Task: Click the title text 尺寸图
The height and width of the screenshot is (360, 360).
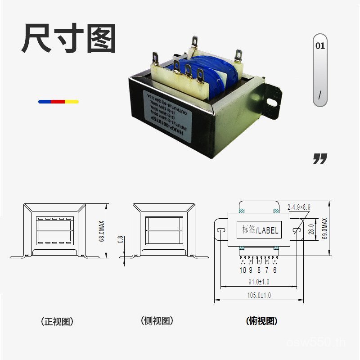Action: point(69,39)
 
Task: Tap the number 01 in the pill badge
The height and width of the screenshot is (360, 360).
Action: point(320,46)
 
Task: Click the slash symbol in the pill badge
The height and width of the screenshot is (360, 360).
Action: point(320,95)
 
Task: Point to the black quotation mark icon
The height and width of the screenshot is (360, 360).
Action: point(320,158)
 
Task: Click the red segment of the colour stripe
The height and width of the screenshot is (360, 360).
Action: point(58,102)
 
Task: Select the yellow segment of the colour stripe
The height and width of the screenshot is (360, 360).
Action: point(72,102)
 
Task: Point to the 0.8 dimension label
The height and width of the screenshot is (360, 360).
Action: point(120,239)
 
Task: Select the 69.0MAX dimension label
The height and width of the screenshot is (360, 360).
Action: point(325,229)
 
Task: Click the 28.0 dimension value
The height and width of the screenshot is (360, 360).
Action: point(311,230)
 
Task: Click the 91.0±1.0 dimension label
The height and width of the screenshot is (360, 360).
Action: point(259,282)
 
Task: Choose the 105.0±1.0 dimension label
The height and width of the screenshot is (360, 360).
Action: point(259,295)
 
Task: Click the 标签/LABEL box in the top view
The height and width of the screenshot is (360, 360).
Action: point(259,230)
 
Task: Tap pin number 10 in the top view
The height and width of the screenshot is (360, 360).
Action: point(243,270)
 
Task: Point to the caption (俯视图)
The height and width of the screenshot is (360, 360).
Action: point(261,321)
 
